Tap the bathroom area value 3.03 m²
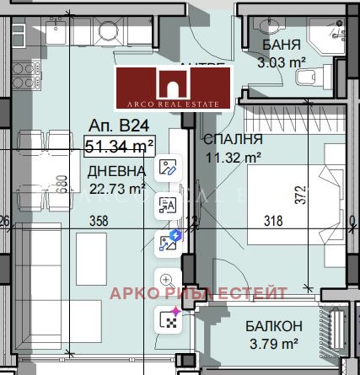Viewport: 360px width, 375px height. (x=281, y=62)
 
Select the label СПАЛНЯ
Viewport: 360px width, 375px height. (x=234, y=139)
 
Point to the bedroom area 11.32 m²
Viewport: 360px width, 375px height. (x=234, y=156)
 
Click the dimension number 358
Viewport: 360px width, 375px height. (x=102, y=222)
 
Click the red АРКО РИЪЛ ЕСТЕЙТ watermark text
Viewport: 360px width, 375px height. (x=199, y=292)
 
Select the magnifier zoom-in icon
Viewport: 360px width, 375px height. (x=166, y=279)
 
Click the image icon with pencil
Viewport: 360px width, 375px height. (x=167, y=166)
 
